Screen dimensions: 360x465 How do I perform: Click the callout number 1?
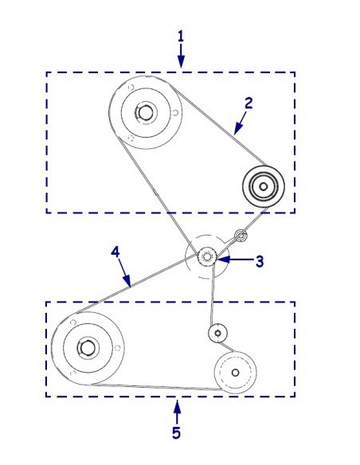coord(181,37)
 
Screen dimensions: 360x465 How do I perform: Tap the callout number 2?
coord(248,104)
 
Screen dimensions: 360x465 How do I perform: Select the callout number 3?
coord(260,261)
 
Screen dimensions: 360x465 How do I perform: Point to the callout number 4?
coord(115,252)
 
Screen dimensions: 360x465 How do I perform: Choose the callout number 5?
coord(176,433)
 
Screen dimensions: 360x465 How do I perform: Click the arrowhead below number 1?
coord(181,61)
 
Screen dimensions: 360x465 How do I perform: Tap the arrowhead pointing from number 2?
coord(238,129)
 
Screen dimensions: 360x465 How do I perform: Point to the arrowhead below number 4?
coord(127,281)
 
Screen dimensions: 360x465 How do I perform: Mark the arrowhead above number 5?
coord(177,407)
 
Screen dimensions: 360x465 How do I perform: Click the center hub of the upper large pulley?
coord(145,112)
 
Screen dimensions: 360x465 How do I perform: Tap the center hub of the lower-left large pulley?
coord(88,348)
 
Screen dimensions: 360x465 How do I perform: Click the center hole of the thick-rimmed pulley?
coord(263,186)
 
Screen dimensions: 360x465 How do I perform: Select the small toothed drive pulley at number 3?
coord(207,256)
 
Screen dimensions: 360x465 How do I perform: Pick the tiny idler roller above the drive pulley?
coord(241,236)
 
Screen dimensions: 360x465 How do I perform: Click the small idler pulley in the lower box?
coord(217,333)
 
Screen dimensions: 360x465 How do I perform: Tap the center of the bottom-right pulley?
coord(235,373)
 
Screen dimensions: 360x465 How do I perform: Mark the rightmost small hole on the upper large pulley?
coord(175,113)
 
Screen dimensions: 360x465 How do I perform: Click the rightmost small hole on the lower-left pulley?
coord(117,348)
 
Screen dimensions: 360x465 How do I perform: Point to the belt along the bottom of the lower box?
coord(156,387)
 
